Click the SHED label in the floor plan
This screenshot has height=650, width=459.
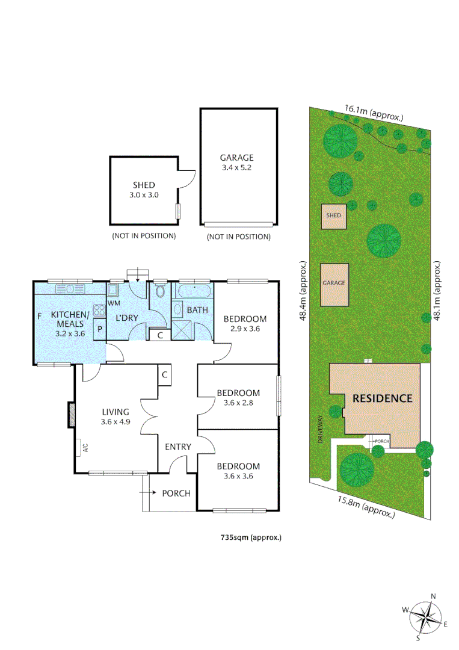(144, 185)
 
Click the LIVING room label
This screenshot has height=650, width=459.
(116, 412)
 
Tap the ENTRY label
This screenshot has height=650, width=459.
(178, 447)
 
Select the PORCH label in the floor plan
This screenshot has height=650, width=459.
(176, 493)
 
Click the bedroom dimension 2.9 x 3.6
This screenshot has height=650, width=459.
(244, 329)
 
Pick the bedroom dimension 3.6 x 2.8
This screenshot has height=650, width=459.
(238, 403)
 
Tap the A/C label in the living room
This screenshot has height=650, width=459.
(85, 447)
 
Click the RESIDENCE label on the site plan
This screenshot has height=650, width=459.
(382, 398)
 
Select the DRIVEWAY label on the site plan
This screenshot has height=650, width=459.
(321, 429)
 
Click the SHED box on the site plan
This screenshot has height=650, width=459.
(333, 215)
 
